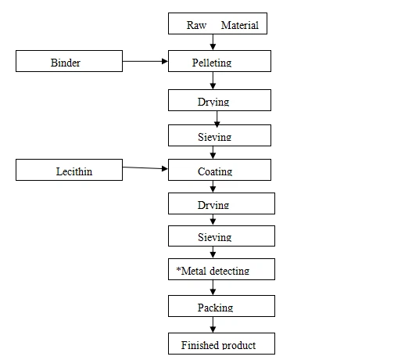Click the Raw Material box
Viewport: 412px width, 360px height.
[213, 24]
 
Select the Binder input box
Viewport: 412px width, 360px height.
[70, 61]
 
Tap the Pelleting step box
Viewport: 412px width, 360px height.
[220, 61]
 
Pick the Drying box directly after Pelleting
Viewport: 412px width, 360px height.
[220, 100]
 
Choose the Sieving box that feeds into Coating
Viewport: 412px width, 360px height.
[220, 135]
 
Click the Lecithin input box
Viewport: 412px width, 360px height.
[70, 170]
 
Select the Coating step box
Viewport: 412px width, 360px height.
[220, 170]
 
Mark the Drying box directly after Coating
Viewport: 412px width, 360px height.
[221, 203]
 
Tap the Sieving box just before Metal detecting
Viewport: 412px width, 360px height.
[221, 236]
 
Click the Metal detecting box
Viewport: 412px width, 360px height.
[221, 269]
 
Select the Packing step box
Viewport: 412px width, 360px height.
[221, 306]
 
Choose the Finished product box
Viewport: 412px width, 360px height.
[221, 343]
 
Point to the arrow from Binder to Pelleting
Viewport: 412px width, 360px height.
[146, 60]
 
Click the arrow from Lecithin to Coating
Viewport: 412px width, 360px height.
[146, 167]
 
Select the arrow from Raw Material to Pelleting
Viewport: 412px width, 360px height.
[213, 42]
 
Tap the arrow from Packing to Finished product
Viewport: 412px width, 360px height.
[213, 325]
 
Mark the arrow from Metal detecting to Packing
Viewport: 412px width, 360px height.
[213, 287]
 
